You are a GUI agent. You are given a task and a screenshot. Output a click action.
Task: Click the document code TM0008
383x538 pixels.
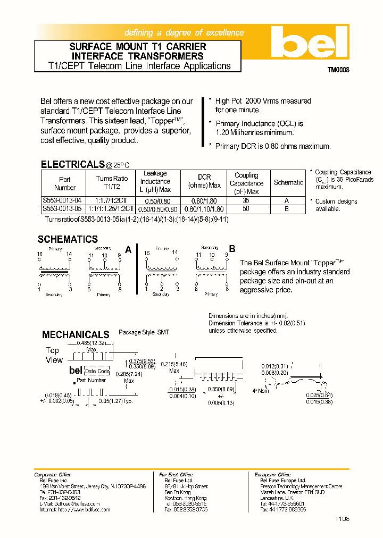coord(338,70)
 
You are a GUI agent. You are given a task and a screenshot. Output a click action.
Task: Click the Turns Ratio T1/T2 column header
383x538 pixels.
coord(112,183)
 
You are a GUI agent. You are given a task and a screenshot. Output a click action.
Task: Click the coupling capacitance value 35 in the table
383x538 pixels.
coord(246,201)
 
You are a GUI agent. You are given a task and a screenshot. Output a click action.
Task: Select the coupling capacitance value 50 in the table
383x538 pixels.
coord(246,209)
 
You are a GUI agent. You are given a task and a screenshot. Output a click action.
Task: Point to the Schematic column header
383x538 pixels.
coord(288,182)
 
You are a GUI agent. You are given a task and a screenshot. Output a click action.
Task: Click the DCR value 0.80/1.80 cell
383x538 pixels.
coord(204,201)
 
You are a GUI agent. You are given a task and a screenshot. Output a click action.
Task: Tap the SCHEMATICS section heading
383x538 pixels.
coord(68,240)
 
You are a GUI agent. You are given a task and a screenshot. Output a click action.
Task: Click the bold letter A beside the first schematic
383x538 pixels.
coord(128,249)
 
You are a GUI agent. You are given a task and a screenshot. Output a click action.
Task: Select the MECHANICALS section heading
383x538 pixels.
coord(76,334)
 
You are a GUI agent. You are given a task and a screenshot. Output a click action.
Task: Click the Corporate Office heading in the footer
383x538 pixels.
coord(53,475)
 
